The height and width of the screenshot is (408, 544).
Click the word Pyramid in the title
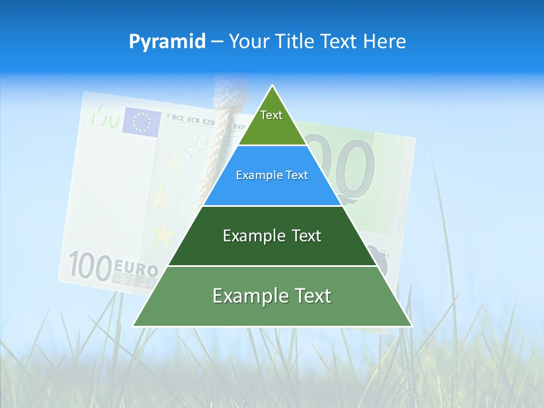point(167,42)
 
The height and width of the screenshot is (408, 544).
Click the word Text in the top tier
point(271,115)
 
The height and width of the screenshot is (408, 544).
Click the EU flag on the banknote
point(142,121)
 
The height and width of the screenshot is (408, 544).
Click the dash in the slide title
point(216,42)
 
